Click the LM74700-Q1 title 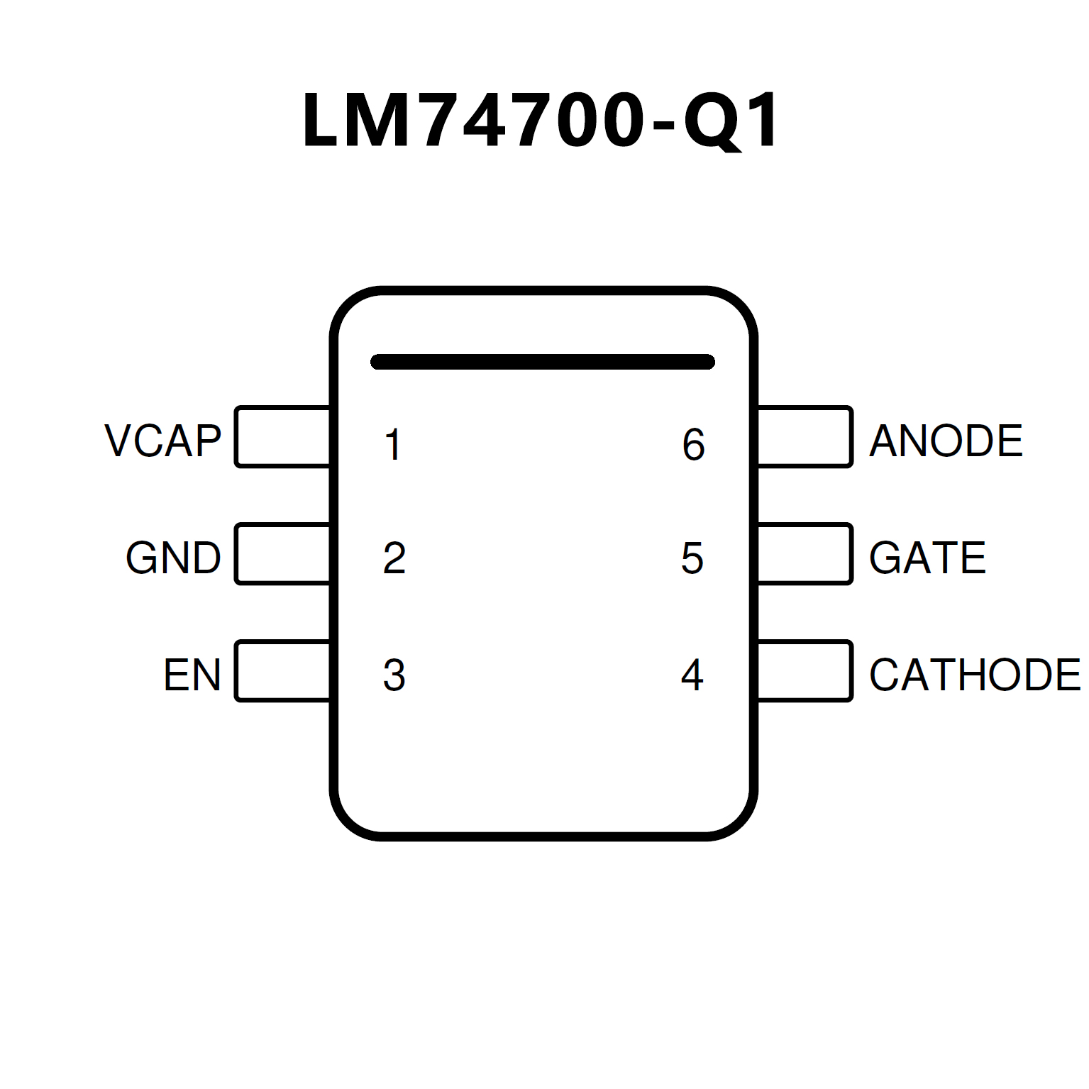(x=541, y=121)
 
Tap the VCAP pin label (x=163, y=441)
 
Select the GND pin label (x=173, y=558)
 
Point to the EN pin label (x=192, y=675)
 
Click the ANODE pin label (x=946, y=441)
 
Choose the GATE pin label (x=927, y=558)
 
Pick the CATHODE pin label (x=975, y=675)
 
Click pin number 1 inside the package (x=393, y=445)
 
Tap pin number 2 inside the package (x=394, y=558)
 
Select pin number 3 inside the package (x=394, y=675)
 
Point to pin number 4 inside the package (x=692, y=675)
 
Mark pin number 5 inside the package (x=692, y=558)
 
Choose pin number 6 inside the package (x=693, y=445)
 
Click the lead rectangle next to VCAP (x=282, y=437)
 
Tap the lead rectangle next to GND (x=282, y=554)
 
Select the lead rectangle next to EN (x=282, y=671)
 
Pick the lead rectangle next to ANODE (x=805, y=437)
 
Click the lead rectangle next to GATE (x=805, y=554)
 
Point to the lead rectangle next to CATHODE (x=805, y=671)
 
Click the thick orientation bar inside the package (x=543, y=362)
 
